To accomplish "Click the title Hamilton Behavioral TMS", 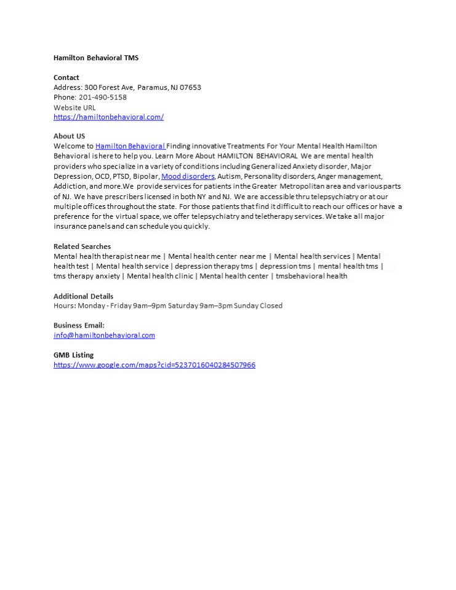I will pyautogui.click(x=96, y=58).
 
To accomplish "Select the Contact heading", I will pyautogui.click(x=66, y=77).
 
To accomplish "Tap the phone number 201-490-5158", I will pyautogui.click(x=103, y=97).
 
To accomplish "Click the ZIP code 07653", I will pyautogui.click(x=190, y=87).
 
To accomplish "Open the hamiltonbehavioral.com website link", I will pyautogui.click(x=108, y=117).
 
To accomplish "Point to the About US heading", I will pyautogui.click(x=70, y=136).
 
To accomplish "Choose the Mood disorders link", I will pyautogui.click(x=188, y=176).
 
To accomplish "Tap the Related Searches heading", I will pyautogui.click(x=82, y=246).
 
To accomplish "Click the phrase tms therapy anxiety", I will pyautogui.click(x=87, y=276).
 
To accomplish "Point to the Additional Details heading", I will pyautogui.click(x=84, y=296).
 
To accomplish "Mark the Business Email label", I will pyautogui.click(x=79, y=325).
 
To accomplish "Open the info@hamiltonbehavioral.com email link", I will pyautogui.click(x=104, y=335).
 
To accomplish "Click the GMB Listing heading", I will pyautogui.click(x=74, y=355).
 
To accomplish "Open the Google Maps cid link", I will pyautogui.click(x=154, y=364).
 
